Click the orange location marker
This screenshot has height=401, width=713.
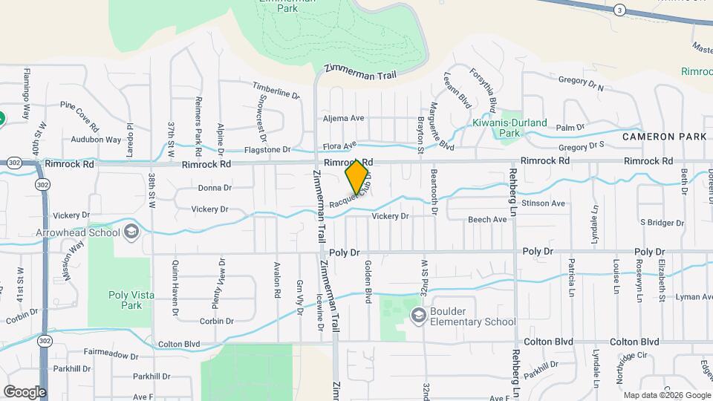pos(357,177)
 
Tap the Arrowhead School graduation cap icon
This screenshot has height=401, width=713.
pos(131,232)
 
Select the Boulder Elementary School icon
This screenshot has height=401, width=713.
pos(419,316)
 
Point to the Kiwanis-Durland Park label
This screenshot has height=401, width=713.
pos(510,123)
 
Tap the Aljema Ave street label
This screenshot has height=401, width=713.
pos(342,118)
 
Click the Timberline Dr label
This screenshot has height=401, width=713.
pos(276,90)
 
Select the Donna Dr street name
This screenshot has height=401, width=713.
pos(215,188)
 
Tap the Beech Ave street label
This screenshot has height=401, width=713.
pos(487,220)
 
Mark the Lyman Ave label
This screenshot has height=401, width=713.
pos(694,297)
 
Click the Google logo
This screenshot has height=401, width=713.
pos(25,391)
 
